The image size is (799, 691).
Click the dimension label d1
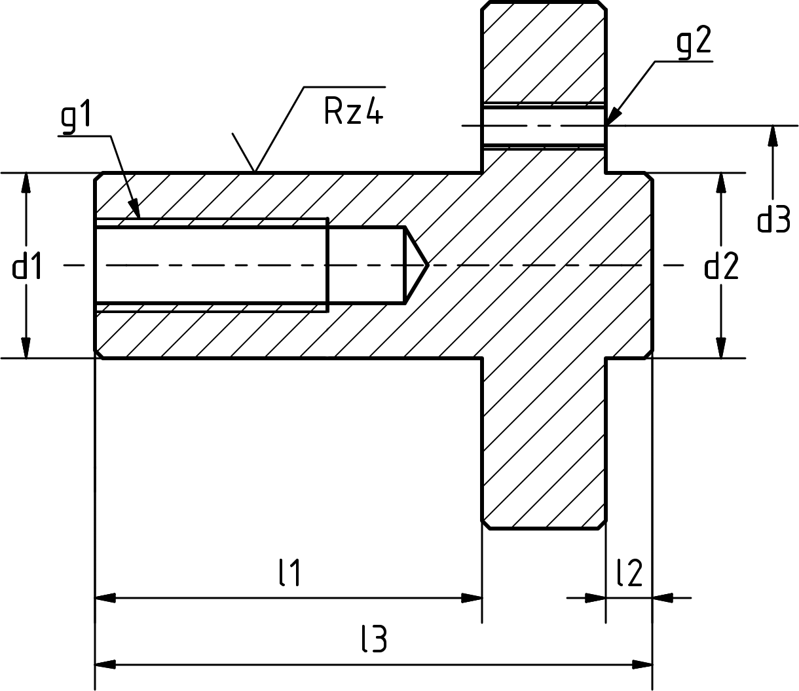tap(28, 267)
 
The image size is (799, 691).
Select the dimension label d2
tap(721, 267)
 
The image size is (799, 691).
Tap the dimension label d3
tap(773, 219)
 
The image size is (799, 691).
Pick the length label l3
tap(374, 639)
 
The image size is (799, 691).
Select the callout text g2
tap(694, 44)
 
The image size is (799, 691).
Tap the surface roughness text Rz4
tap(353, 111)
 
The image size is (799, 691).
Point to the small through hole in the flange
tap(544, 126)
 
